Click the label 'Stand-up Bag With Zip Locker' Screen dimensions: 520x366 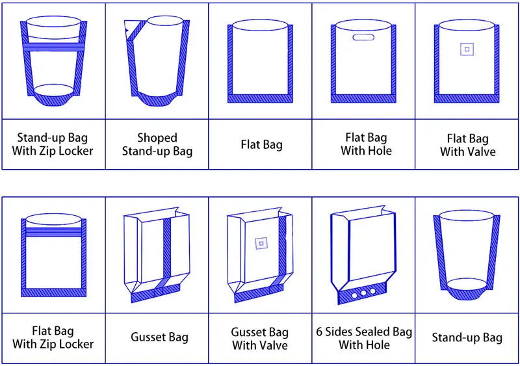pos(53,144)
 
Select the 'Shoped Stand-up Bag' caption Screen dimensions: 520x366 pos(157,144)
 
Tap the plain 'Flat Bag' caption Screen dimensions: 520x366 pos(261,144)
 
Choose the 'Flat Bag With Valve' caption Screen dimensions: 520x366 pos(467,144)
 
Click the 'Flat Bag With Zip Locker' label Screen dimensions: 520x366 pos(53,337)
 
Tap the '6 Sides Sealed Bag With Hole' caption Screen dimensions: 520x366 pos(364,338)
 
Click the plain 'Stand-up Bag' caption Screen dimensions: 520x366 pos(467,337)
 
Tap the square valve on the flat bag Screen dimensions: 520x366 pos(466,49)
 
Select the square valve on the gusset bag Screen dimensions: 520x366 pos(260,243)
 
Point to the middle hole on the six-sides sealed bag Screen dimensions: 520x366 pos(363,294)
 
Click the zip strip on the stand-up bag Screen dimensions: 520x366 pos(53,47)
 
